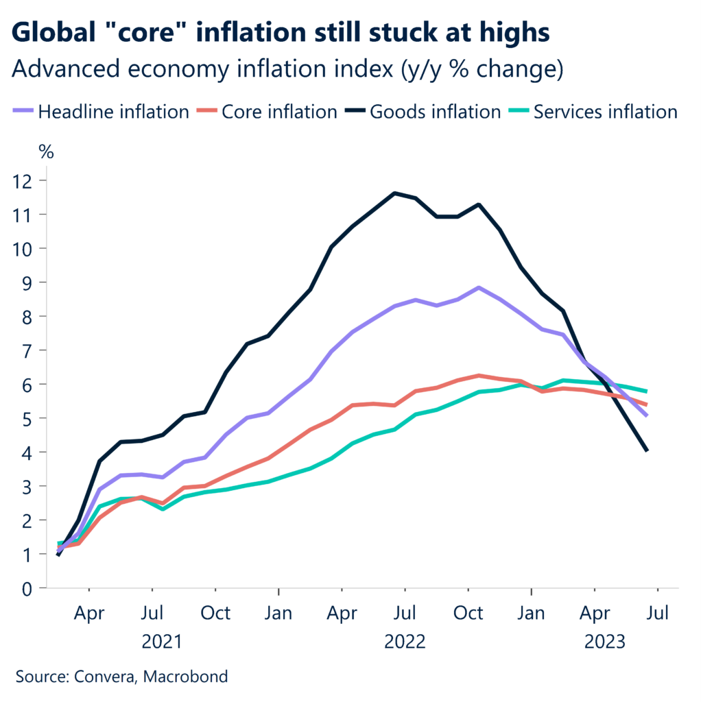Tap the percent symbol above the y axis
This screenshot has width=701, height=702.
(45, 152)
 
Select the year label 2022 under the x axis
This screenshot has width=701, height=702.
(405, 642)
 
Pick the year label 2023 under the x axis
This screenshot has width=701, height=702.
(604, 642)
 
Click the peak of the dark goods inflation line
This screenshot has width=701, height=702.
(394, 193)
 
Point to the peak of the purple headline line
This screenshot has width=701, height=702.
(479, 287)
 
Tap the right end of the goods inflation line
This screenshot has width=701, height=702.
(647, 450)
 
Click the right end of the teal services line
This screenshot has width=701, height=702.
(647, 391)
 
